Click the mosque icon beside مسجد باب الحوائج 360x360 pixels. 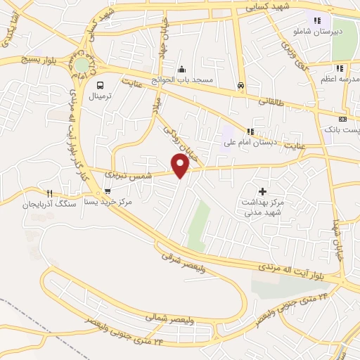coord(182,69)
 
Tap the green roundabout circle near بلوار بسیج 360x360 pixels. coord(83,64)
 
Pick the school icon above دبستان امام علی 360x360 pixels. coord(250,131)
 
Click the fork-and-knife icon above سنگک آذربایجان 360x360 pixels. coord(49,193)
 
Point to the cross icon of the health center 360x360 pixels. coord(263,191)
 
